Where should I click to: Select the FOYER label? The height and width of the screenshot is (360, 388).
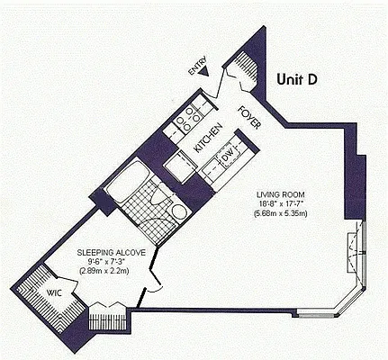(249, 118)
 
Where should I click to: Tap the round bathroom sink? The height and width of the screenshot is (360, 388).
(179, 212)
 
